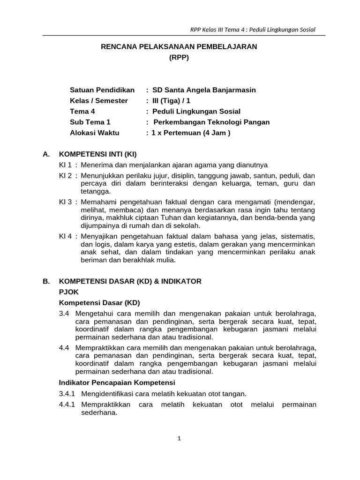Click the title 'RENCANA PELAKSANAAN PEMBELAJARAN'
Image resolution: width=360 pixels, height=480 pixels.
(180, 47)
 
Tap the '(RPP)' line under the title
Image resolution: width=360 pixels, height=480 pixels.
(180, 58)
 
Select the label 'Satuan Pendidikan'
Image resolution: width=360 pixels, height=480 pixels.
(102, 90)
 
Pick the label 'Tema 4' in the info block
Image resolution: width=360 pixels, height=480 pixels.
(82, 112)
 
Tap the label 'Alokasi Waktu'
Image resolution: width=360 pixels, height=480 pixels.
(95, 133)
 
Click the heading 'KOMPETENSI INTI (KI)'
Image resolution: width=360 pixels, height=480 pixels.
(97, 154)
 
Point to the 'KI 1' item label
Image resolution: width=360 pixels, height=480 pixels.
(65, 165)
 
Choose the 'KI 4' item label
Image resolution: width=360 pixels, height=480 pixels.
(65, 237)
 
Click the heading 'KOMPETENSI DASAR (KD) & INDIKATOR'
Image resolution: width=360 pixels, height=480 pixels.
(130, 281)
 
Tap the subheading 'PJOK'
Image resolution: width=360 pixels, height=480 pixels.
(68, 292)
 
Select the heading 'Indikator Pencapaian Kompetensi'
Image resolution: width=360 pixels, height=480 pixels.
(116, 383)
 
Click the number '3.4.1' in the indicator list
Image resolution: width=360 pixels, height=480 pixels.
(67, 394)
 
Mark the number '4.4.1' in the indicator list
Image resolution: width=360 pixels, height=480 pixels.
(67, 405)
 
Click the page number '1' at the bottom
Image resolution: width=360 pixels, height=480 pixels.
(179, 438)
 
